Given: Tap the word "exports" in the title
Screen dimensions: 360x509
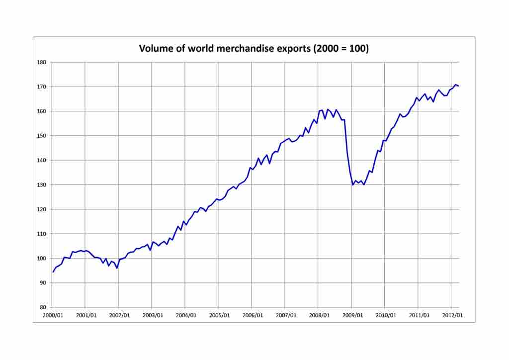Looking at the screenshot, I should [278, 49].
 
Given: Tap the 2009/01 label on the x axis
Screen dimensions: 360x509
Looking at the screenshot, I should [352, 315].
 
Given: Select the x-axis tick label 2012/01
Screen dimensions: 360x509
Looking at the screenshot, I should [452, 315].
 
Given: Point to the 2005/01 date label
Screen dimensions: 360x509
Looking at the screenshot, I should [219, 315].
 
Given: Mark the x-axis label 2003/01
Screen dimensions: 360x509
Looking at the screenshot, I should [152, 315].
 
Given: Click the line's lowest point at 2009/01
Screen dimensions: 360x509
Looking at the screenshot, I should [352, 185].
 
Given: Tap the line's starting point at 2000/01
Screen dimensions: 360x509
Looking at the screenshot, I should [53, 272].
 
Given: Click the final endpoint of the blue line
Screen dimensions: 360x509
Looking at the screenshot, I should [458, 86].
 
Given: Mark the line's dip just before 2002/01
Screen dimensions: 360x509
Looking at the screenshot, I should [117, 268].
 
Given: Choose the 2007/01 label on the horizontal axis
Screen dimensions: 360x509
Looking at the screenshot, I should [285, 315].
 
